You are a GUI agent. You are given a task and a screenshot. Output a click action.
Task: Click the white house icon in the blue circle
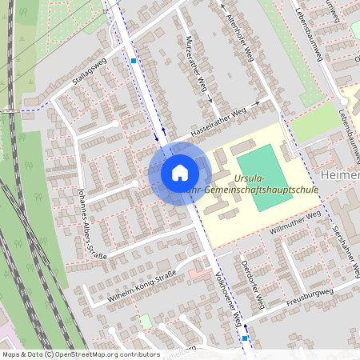coord(180,173)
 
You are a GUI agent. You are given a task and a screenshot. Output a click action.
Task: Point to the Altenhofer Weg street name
coord(240,35)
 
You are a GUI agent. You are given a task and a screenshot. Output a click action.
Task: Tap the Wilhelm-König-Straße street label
coord(142,290)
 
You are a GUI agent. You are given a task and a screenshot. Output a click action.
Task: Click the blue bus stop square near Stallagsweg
coord(134,60)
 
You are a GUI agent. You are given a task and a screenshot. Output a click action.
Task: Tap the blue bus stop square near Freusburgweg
coord(245,338)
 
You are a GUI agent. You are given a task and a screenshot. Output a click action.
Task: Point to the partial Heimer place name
coord(340,175)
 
